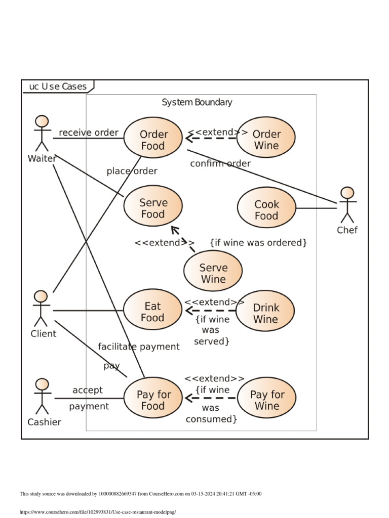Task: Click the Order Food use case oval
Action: [x=153, y=140]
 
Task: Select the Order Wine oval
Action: [x=266, y=140]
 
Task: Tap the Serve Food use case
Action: [x=153, y=208]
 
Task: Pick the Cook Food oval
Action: [x=266, y=209]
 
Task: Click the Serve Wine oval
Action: [x=213, y=273]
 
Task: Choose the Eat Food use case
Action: [x=152, y=312]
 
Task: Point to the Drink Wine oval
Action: [x=265, y=313]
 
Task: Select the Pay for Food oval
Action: [x=153, y=400]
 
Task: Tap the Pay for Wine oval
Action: [x=267, y=400]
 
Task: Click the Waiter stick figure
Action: [x=42, y=134]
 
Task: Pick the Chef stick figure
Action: [x=347, y=205]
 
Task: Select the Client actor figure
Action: [x=41, y=309]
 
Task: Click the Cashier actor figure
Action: [x=42, y=396]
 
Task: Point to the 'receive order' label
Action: [x=88, y=133]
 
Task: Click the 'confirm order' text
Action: [x=220, y=163]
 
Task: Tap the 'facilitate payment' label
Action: [x=138, y=347]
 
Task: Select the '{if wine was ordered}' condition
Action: [x=258, y=243]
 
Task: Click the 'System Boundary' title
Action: [x=197, y=102]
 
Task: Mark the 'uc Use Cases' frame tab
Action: [x=57, y=87]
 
